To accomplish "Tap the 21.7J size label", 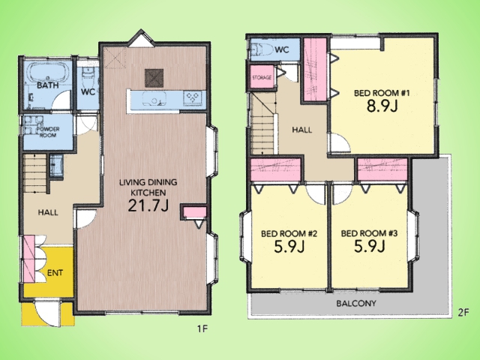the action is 148,205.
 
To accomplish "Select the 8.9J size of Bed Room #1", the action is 382,106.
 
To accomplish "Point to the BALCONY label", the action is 356,304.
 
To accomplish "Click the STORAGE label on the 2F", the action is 262,77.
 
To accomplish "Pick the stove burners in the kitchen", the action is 193,98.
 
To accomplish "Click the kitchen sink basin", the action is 154,98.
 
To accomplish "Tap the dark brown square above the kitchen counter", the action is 154,78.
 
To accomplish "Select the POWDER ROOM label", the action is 48,132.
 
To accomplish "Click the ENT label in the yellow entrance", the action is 55,273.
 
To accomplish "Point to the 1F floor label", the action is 202,329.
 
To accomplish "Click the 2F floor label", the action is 463,313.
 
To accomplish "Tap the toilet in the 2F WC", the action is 262,49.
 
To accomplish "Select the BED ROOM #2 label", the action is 289,234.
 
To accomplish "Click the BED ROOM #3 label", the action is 369,233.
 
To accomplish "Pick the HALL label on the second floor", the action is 301,130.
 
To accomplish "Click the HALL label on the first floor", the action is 48,212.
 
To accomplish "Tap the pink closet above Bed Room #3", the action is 382,169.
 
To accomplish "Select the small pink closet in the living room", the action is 195,212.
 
